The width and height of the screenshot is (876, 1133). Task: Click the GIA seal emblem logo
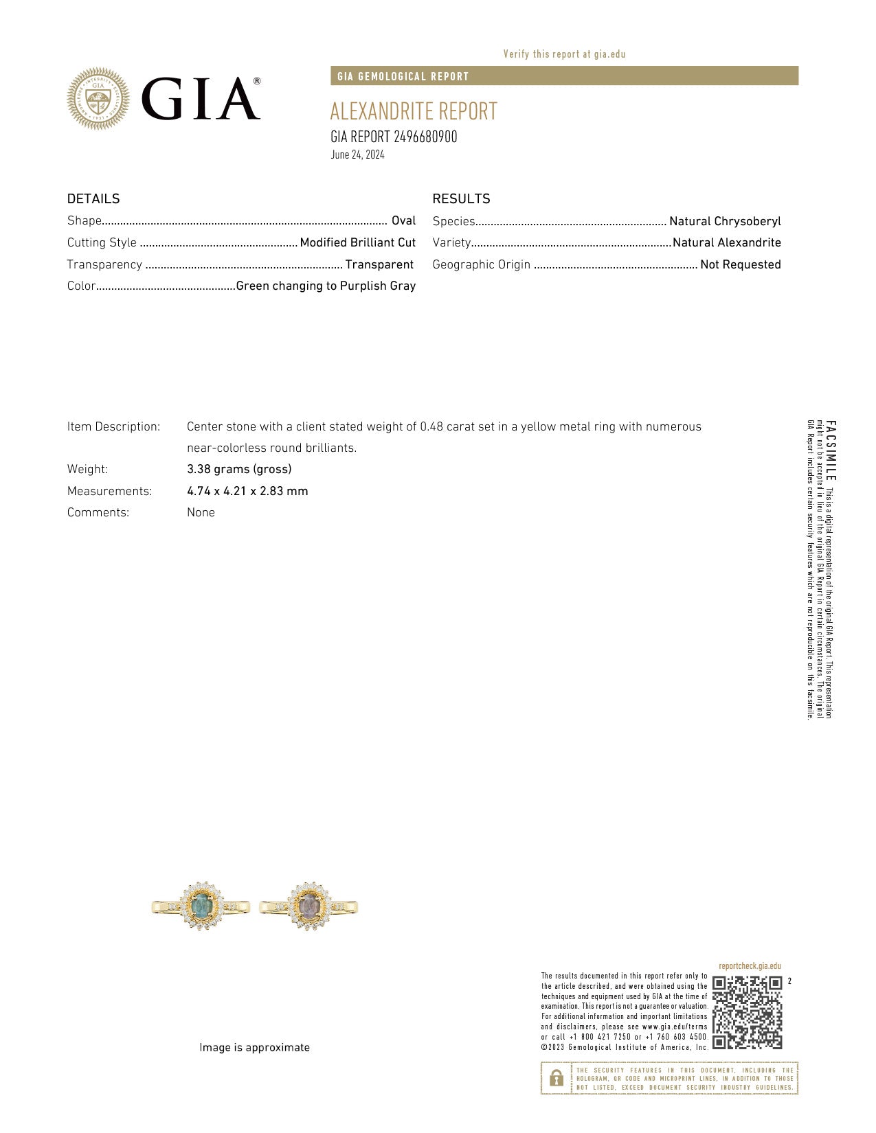tap(98, 99)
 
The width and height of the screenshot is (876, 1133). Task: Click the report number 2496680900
tap(425, 137)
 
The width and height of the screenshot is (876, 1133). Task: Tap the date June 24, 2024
tap(357, 154)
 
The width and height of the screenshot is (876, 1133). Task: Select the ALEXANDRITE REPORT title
tap(413, 111)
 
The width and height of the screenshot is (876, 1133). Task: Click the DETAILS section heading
tap(93, 198)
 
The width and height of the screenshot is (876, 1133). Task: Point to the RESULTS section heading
tap(461, 198)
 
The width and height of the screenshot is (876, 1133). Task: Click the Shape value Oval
tap(403, 220)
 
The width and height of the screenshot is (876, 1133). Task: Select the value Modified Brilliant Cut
tap(357, 242)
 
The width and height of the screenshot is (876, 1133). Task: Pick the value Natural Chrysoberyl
tap(725, 221)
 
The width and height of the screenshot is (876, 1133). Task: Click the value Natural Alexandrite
tap(726, 242)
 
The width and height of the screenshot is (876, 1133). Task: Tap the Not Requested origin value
tap(740, 264)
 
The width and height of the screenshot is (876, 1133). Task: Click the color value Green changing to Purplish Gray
tap(326, 286)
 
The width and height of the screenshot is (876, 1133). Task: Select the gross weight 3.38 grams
tap(239, 469)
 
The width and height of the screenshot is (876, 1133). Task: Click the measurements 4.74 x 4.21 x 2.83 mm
tap(247, 491)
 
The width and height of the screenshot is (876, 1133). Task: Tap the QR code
tap(747, 1012)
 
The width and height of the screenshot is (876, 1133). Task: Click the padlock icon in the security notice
tap(556, 1078)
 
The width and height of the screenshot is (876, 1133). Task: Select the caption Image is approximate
tap(254, 1047)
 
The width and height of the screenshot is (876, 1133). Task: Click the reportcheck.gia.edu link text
tap(750, 966)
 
